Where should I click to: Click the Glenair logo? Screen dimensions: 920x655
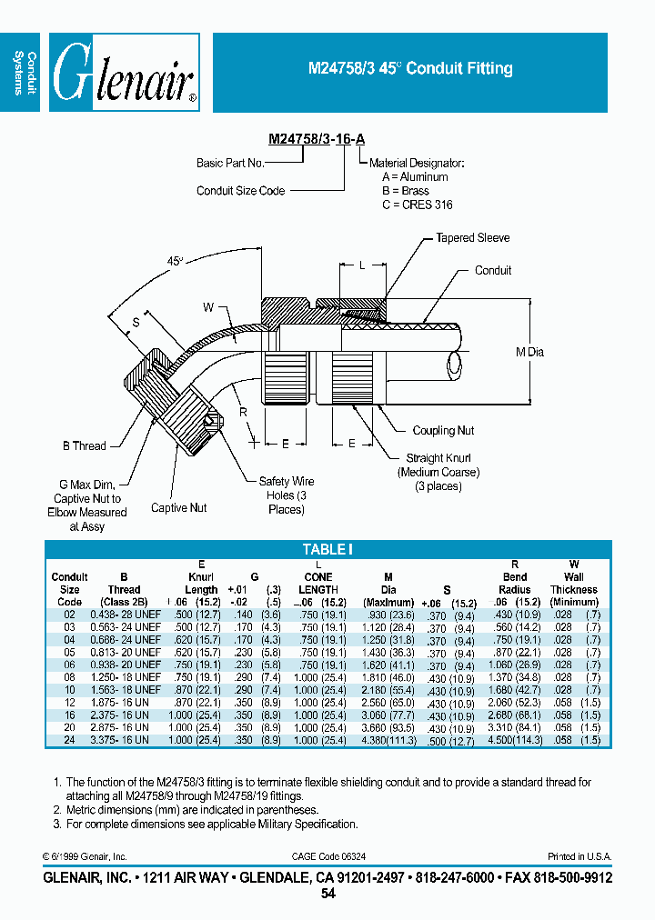[x=124, y=73]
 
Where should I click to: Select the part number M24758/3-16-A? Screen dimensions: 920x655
[x=317, y=139]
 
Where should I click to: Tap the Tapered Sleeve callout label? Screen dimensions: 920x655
[x=472, y=238]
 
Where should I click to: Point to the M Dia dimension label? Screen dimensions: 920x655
[x=529, y=352]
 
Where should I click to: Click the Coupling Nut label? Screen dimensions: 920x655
[x=443, y=431]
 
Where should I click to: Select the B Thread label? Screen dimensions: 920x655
[x=84, y=445]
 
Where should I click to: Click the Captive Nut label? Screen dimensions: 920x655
[x=179, y=507]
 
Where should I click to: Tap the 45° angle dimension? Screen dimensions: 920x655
[x=175, y=261]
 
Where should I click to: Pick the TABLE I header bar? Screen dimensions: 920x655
[x=327, y=549]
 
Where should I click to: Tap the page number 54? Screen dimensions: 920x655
[x=327, y=894]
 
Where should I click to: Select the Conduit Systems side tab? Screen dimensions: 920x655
[x=24, y=73]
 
